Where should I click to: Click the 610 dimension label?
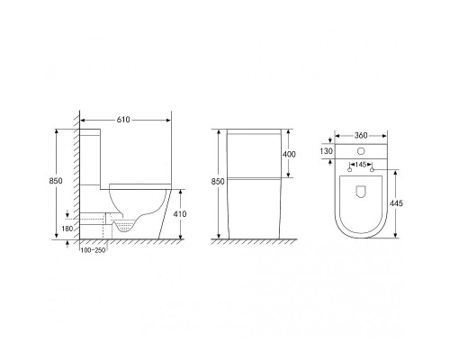pos(123,120)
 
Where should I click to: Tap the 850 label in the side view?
pos(56,181)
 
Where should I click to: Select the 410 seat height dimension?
pos(180,214)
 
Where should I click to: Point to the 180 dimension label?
pos(67,229)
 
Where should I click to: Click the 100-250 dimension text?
pos(93,250)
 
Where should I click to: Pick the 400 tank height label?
pos(289,154)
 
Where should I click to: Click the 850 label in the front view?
pos(218,182)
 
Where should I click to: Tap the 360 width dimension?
pos(361,136)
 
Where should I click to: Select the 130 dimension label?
pos(326,151)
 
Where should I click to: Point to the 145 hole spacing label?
pos(361,165)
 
